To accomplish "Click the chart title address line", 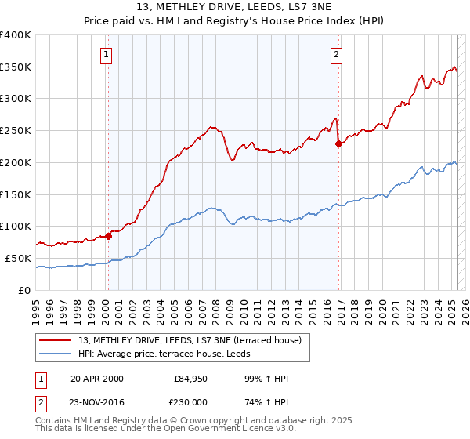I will point(235,8).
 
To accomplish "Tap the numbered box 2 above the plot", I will point(336,55).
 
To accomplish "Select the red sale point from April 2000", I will point(108,236).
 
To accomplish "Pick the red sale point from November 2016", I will point(339,143).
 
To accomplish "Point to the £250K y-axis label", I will point(16,131).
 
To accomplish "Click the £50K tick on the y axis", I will point(19,258).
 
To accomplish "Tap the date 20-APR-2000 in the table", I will point(96,379).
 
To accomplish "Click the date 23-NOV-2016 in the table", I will point(97,401).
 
